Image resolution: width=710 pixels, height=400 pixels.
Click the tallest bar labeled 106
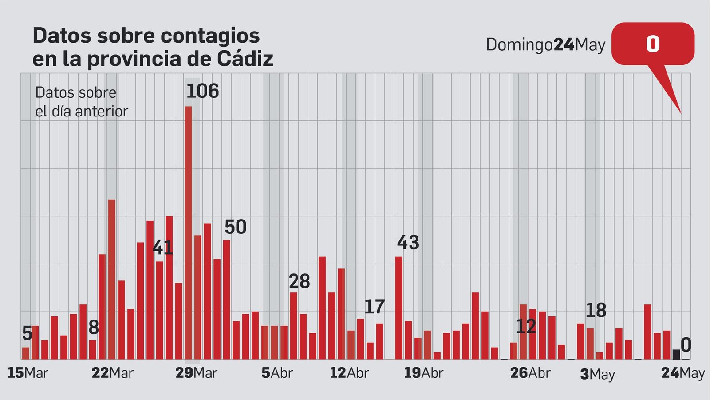coord(188,231)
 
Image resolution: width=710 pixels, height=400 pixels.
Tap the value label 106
coord(202,91)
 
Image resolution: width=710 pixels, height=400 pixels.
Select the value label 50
coord(235,227)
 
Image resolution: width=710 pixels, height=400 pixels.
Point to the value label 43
coord(408,243)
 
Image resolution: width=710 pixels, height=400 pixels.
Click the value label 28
coord(299,281)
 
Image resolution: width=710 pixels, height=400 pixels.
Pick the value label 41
coord(163,248)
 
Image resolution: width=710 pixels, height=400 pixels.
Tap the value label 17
coord(374,307)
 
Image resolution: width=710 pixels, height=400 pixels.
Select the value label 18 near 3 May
coord(596,311)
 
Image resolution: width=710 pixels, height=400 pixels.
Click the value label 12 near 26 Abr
coord(525,327)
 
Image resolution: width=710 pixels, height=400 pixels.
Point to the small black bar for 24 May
coord(676,354)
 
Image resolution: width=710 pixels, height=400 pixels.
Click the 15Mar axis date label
coord(28,373)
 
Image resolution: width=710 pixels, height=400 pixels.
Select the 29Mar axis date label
coord(196,373)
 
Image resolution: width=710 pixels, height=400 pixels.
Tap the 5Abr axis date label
coord(277,373)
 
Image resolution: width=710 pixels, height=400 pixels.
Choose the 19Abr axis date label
coord(423,373)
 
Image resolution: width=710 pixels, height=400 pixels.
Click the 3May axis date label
coord(597,374)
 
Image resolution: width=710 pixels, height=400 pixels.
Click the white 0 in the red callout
coord(652,44)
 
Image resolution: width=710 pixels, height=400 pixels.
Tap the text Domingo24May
coord(545,45)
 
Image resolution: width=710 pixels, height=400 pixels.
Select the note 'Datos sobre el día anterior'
coord(81,102)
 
